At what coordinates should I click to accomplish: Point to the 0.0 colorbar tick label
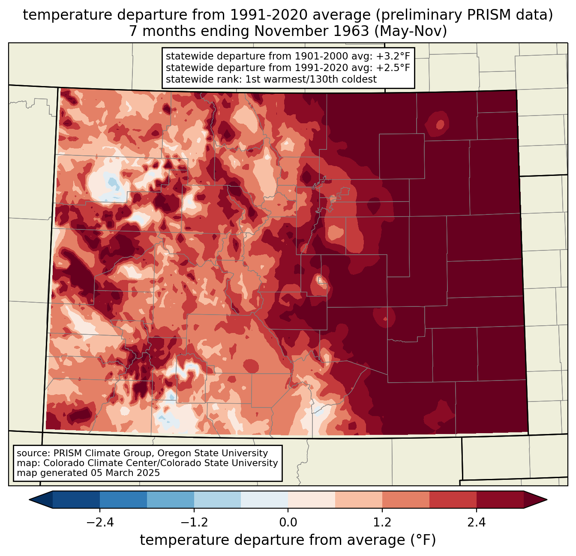click(288, 523)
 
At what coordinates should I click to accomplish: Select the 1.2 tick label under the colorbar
click(382, 523)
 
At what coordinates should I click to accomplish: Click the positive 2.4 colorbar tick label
click(477, 523)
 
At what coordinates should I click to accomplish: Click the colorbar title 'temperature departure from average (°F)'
click(288, 540)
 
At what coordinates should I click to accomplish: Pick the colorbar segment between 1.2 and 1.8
click(406, 500)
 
